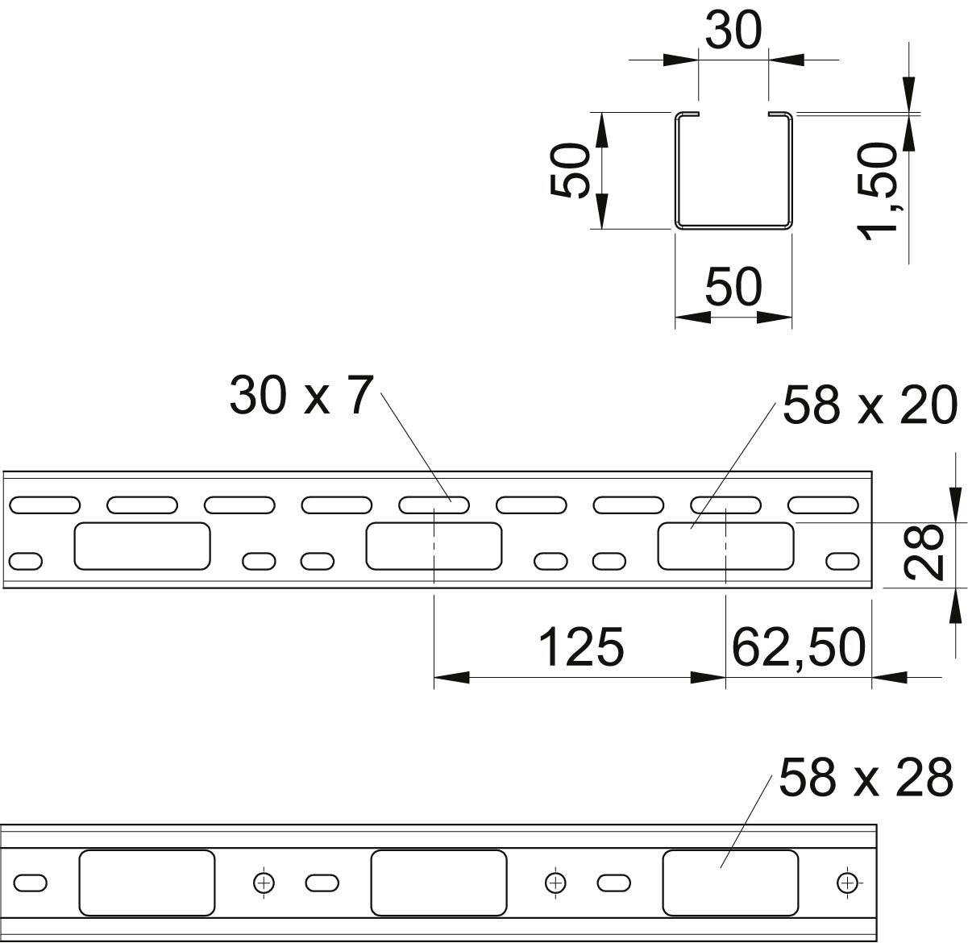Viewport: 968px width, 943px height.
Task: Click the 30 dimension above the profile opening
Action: click(x=733, y=31)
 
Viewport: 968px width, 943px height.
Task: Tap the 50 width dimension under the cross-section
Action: click(x=733, y=287)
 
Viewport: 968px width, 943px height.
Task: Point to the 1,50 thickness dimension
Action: click(x=879, y=192)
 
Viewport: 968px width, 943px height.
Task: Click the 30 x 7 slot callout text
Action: click(x=301, y=396)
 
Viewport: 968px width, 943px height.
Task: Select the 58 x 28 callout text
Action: click(x=866, y=778)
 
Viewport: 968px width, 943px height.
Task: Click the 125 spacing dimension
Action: click(x=580, y=646)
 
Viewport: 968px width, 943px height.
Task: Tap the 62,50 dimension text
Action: click(x=798, y=646)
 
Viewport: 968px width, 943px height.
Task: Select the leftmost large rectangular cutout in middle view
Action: click(x=142, y=546)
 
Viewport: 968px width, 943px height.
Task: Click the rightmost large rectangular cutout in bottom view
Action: click(x=730, y=883)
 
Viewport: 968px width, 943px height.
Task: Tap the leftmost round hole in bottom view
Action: click(x=263, y=883)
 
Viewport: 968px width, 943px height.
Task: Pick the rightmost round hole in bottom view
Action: click(x=846, y=883)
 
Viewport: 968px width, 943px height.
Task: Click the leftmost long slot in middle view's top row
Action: click(x=44, y=505)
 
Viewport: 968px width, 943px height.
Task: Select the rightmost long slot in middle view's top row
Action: click(x=823, y=505)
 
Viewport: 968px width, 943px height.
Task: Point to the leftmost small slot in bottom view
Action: click(x=31, y=883)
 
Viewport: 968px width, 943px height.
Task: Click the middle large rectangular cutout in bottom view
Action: click(x=438, y=883)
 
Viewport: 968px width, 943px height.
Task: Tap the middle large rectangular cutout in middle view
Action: click(x=434, y=546)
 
